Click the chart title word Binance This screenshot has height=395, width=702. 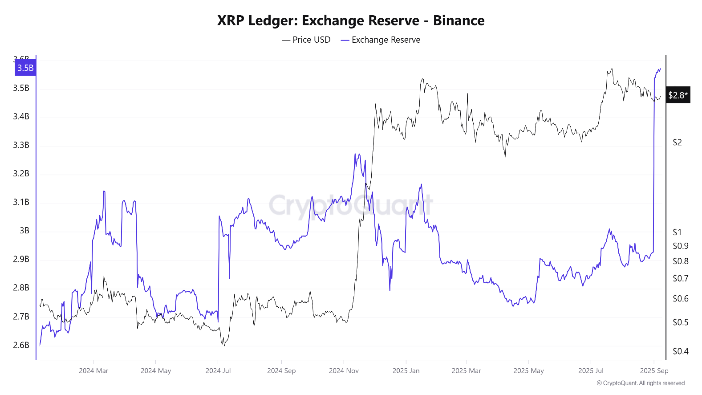(x=459, y=20)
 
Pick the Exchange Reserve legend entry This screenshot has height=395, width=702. (x=381, y=40)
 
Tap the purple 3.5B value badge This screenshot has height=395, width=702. (x=25, y=68)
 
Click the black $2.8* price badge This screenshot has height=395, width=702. (x=678, y=95)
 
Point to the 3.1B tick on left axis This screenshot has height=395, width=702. (x=21, y=202)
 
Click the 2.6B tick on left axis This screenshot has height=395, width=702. (x=21, y=345)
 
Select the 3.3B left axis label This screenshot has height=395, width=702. (x=21, y=145)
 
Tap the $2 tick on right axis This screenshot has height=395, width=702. (x=677, y=143)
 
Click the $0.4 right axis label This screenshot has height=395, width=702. (x=680, y=351)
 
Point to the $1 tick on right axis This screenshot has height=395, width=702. (x=677, y=232)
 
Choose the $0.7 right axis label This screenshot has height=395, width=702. (x=680, y=278)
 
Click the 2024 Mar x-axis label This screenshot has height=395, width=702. (x=93, y=371)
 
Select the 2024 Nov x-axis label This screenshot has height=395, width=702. (x=344, y=371)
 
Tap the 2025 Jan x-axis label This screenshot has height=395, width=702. (x=406, y=371)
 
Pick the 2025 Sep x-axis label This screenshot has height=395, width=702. (x=654, y=371)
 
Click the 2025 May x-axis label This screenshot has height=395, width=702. (x=528, y=371)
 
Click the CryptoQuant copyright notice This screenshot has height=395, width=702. (x=641, y=383)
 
